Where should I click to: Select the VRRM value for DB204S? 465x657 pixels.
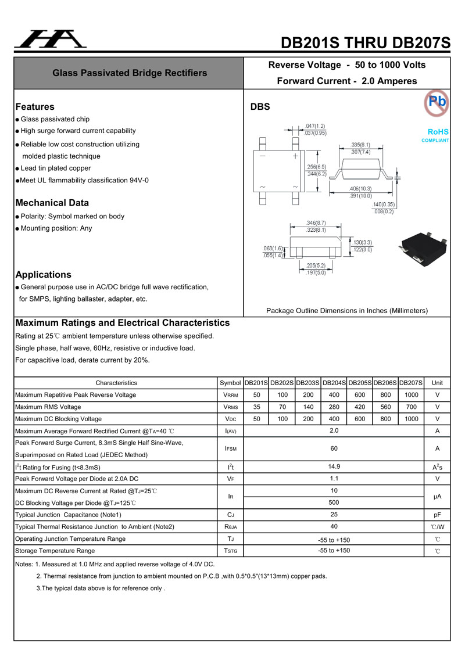[334, 395]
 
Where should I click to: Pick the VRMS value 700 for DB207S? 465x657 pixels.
[412, 407]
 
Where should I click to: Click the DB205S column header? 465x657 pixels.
[360, 383]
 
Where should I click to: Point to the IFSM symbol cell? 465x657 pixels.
[230, 448]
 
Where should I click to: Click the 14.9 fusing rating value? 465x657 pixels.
[334, 466]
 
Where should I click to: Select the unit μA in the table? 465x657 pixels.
[437, 497]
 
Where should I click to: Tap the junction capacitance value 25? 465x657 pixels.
[334, 515]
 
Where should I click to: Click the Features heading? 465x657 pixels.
[35, 107]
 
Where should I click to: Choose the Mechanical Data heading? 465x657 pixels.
[52, 203]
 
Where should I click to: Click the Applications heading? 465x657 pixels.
[44, 275]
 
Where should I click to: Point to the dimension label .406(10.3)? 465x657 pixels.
[361, 189]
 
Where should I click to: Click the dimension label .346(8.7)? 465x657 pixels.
[316, 223]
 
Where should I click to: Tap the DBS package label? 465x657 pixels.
[260, 107]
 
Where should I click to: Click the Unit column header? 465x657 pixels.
[437, 383]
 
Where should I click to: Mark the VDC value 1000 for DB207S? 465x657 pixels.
[412, 419]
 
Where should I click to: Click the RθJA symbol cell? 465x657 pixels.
[230, 527]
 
